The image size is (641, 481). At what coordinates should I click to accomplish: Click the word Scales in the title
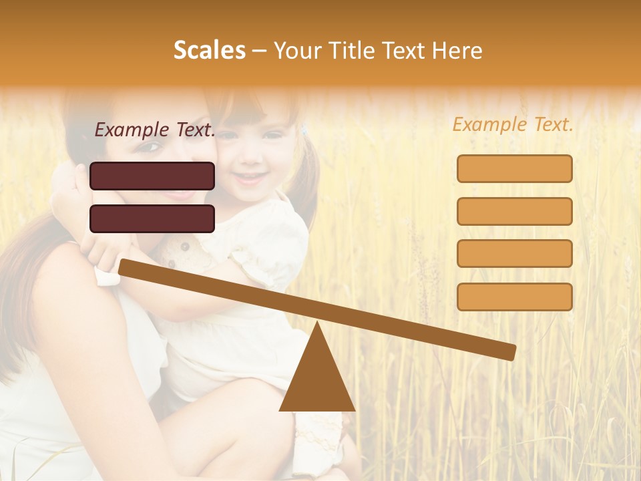[x=209, y=50]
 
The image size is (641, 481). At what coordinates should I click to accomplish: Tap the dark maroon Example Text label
[x=155, y=130]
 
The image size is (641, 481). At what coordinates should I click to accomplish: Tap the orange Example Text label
[x=513, y=124]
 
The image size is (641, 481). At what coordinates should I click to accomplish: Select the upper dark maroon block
[x=152, y=176]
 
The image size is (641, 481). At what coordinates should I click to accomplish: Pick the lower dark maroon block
[x=152, y=218]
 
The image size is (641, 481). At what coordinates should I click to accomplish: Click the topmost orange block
[x=514, y=168]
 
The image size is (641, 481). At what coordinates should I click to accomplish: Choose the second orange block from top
[x=514, y=211]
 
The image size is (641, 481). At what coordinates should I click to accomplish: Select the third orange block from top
[x=514, y=253]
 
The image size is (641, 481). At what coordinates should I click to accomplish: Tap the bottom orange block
[x=514, y=297]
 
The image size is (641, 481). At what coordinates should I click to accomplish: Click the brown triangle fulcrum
[x=317, y=377]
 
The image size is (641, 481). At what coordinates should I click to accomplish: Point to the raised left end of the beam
[x=124, y=267]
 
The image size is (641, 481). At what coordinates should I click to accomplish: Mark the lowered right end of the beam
[x=510, y=352]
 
